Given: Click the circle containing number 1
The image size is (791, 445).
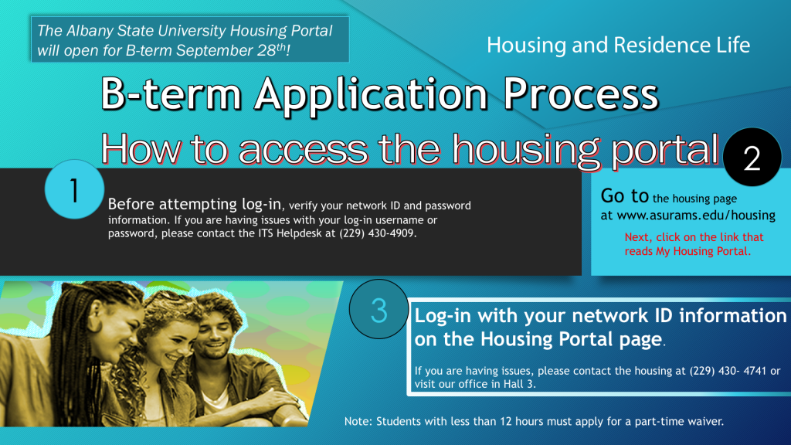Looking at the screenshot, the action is tap(75, 189).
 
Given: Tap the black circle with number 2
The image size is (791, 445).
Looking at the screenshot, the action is tap(752, 157).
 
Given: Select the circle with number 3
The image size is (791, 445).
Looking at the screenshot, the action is tap(379, 309).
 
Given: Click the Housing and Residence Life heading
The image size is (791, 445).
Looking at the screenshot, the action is tap(618, 45).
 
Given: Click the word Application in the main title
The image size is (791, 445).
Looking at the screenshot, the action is tap(371, 94).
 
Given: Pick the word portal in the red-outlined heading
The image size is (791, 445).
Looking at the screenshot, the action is tap(665, 150).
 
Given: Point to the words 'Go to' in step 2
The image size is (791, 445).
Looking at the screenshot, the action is tap(624, 195).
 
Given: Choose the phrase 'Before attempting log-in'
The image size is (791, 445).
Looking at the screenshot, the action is tap(194, 204).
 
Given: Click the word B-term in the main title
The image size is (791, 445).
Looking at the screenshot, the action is tap(171, 93).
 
